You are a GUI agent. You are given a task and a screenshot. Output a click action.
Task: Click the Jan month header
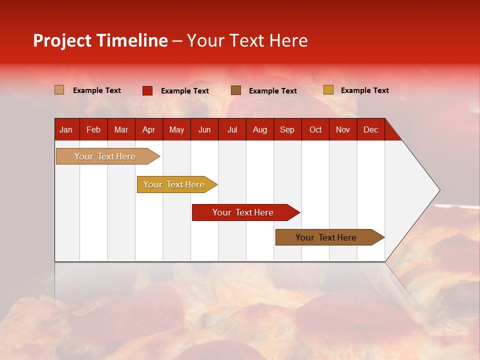pyautogui.click(x=66, y=129)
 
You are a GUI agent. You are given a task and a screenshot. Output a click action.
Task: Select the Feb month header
pyautogui.click(x=93, y=129)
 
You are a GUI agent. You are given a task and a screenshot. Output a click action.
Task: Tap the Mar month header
pyautogui.click(x=121, y=129)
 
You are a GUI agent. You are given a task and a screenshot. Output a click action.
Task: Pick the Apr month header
pyautogui.click(x=149, y=129)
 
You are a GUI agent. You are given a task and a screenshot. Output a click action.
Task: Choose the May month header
pyautogui.click(x=176, y=129)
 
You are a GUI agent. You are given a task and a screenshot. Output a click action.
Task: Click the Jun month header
pyautogui.click(x=204, y=129)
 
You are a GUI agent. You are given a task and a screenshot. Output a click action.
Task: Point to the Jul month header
pyautogui.click(x=232, y=129)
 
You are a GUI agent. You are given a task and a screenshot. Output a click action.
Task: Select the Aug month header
pyautogui.click(x=260, y=129)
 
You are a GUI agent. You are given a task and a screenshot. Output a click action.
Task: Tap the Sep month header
pyautogui.click(x=287, y=129)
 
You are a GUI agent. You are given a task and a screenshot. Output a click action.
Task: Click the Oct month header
pyautogui.click(x=315, y=129)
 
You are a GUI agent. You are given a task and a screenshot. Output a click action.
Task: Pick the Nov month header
pyautogui.click(x=343, y=129)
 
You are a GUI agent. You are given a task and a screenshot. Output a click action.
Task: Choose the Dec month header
pyautogui.click(x=370, y=129)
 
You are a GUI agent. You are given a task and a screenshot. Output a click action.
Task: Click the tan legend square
pyautogui.click(x=59, y=90)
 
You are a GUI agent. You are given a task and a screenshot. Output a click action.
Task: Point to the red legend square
pyautogui.click(x=147, y=90)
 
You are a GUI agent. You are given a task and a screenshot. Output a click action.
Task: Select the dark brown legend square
pyautogui.click(x=236, y=90)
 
